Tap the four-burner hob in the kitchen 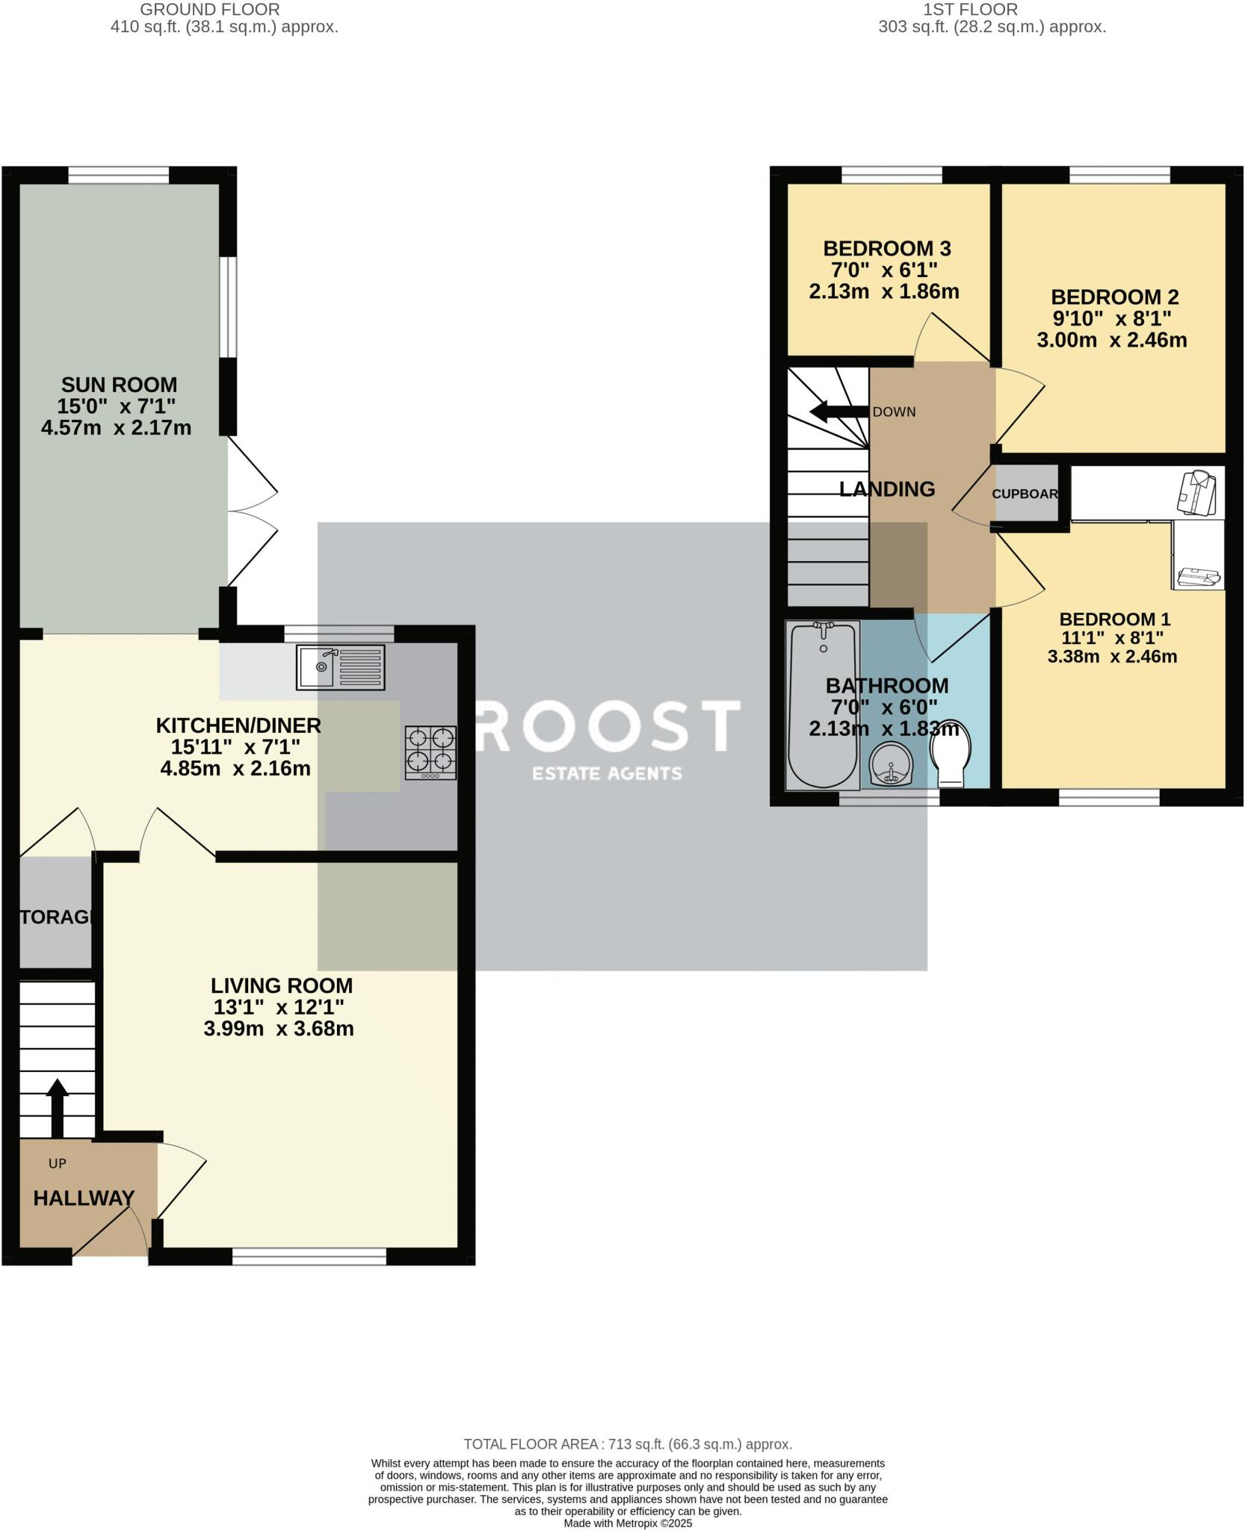tap(431, 752)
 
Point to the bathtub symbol tap(823, 705)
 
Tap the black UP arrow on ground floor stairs tap(57, 1106)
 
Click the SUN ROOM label tap(119, 385)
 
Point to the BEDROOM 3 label tap(886, 249)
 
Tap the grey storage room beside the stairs tap(55, 916)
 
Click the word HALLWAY tap(84, 1198)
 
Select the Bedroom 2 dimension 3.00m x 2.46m tap(1111, 341)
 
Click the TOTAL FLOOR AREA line tap(627, 1444)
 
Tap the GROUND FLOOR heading tap(210, 10)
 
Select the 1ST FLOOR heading tap(970, 10)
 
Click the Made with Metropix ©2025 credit tap(627, 1523)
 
